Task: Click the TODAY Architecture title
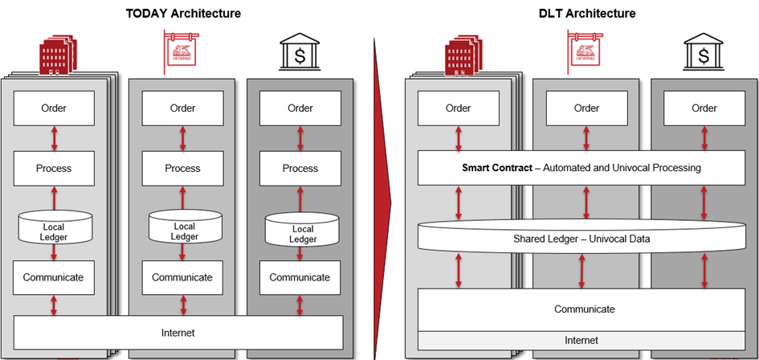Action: click(183, 14)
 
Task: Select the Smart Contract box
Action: click(581, 169)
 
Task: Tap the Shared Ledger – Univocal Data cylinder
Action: click(581, 239)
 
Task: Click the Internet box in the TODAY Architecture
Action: click(178, 333)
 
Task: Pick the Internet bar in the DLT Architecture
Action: click(581, 341)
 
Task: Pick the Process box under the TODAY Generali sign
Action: click(182, 169)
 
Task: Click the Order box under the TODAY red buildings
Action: click(54, 108)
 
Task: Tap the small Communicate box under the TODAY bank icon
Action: click(300, 277)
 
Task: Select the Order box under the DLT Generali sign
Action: click(586, 108)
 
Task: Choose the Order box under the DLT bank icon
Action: click(704, 108)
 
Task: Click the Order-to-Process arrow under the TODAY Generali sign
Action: click(183, 138)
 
